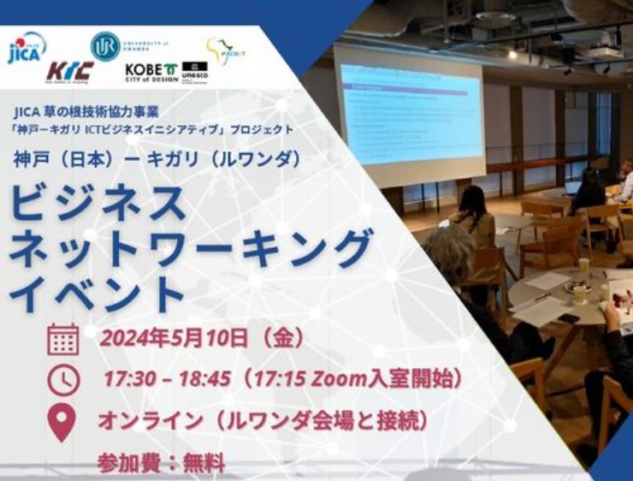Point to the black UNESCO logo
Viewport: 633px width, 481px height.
tap(194, 71)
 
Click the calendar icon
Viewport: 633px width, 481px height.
tap(63, 339)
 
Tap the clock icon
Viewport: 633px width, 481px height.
tap(63, 378)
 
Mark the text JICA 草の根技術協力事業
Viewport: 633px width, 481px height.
tap(111, 110)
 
